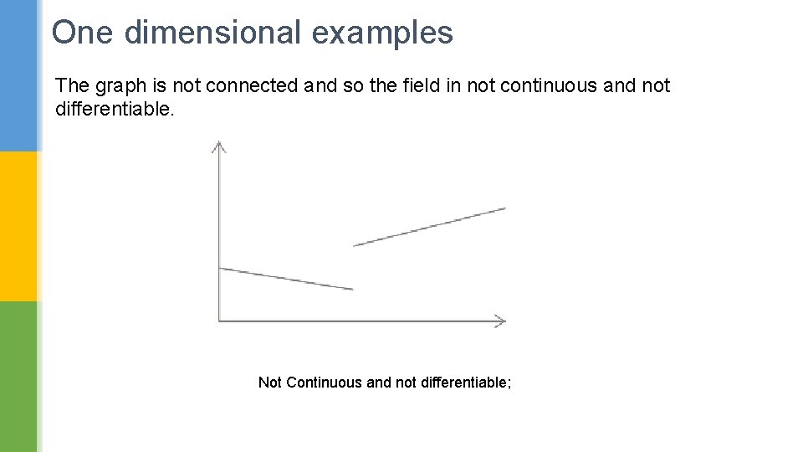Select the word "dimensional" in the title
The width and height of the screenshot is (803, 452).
coord(212,33)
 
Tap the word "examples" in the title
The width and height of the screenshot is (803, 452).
coord(382,33)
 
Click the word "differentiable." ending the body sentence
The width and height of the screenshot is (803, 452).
coord(115,109)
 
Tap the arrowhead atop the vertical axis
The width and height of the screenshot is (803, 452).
coord(218,146)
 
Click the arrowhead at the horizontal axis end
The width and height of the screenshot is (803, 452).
coord(499,320)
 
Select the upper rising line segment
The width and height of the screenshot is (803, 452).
coord(429,227)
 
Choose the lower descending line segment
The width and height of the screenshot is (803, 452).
coord(285,279)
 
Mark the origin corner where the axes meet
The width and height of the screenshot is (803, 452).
coord(219,320)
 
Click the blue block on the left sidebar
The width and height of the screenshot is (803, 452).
coord(18,75)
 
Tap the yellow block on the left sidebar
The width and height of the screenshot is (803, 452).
coord(18,226)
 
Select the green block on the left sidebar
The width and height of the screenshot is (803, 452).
coord(18,377)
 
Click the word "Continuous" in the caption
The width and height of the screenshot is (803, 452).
coord(325,383)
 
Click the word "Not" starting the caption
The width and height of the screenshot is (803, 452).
coord(270,383)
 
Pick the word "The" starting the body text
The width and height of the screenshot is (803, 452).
coord(72,85)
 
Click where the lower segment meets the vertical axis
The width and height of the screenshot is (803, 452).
coord(219,268)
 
